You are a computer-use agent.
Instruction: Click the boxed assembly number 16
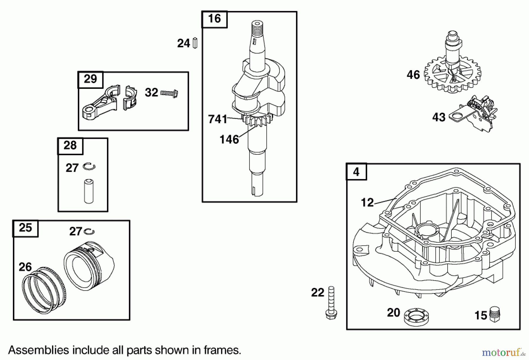(214, 19)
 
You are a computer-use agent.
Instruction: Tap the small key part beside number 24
(195, 43)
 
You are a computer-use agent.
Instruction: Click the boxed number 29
(90, 79)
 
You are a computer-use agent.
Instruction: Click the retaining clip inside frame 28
(89, 167)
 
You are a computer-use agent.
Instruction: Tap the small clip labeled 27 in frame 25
(89, 232)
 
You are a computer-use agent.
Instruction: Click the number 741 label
(217, 119)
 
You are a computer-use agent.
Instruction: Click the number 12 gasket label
(367, 203)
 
